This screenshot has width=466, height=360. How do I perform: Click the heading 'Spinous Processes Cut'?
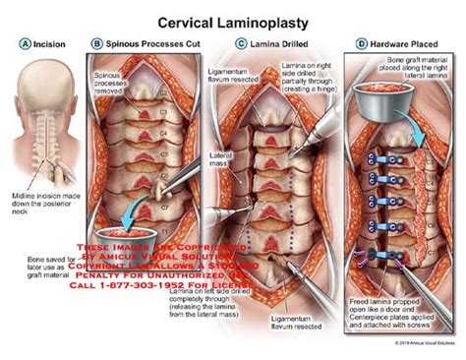(x=145, y=44)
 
